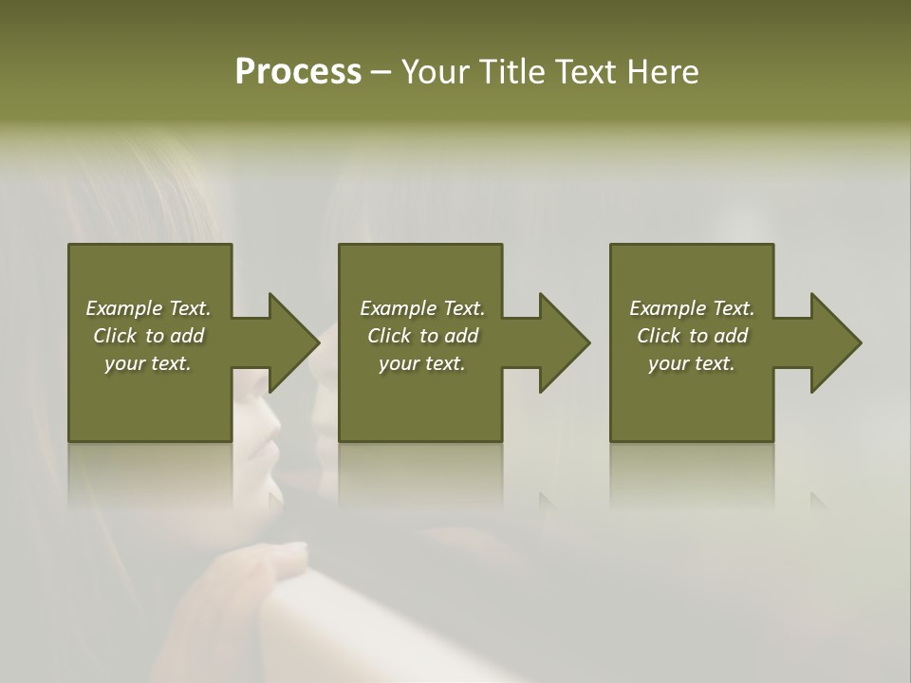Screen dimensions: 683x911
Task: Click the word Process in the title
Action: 298,72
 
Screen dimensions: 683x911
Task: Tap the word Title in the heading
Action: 512,72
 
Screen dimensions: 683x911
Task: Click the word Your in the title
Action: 437,72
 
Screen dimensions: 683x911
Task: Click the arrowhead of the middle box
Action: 564,342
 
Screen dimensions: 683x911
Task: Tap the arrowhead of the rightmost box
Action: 835,342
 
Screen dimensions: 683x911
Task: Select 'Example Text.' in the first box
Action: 148,308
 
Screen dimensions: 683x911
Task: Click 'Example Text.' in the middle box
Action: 422,308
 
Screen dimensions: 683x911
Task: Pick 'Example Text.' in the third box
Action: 692,308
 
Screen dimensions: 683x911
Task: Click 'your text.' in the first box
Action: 148,363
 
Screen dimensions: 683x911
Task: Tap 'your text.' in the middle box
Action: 422,363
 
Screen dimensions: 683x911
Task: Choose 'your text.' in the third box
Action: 692,363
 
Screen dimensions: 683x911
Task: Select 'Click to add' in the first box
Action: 148,336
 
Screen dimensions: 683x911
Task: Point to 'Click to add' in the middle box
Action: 422,336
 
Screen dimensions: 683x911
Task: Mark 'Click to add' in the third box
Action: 692,336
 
